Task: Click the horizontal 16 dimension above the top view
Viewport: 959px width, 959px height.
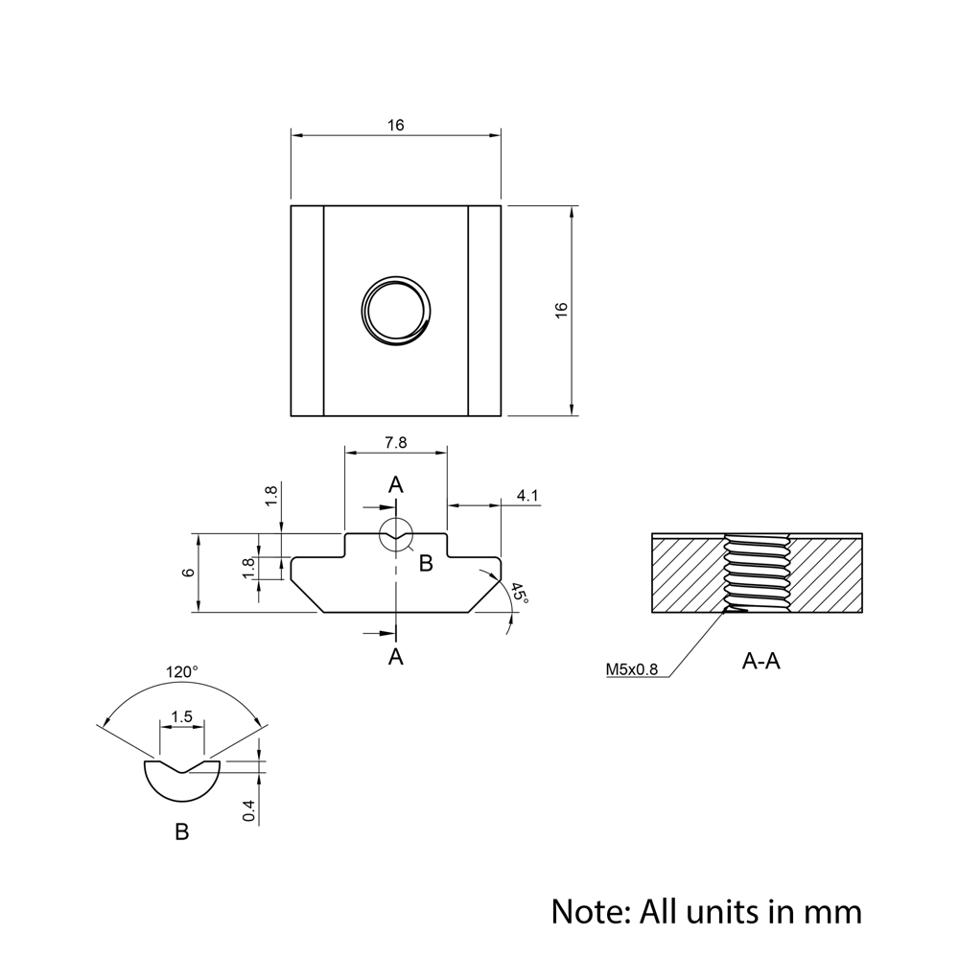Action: tap(396, 126)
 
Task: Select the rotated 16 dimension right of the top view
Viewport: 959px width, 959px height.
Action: tap(561, 310)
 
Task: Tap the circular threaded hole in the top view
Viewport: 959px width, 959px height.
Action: tap(396, 310)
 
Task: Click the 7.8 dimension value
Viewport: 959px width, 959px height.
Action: tap(395, 442)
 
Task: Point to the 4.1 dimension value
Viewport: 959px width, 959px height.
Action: tap(527, 496)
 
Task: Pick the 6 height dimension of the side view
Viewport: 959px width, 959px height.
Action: tap(189, 573)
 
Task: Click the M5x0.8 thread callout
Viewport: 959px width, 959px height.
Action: tap(632, 669)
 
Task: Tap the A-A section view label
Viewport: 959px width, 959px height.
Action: tap(761, 661)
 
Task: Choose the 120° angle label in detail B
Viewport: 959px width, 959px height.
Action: tap(181, 672)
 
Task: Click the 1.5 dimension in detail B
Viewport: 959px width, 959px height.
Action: tap(181, 716)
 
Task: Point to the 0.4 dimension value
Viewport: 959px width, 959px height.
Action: tap(249, 810)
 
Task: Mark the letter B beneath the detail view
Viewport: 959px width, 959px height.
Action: tap(182, 831)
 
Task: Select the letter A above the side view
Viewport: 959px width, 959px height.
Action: tap(395, 485)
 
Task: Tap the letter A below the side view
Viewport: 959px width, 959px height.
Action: tap(395, 656)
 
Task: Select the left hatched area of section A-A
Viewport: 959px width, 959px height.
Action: tap(685, 575)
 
